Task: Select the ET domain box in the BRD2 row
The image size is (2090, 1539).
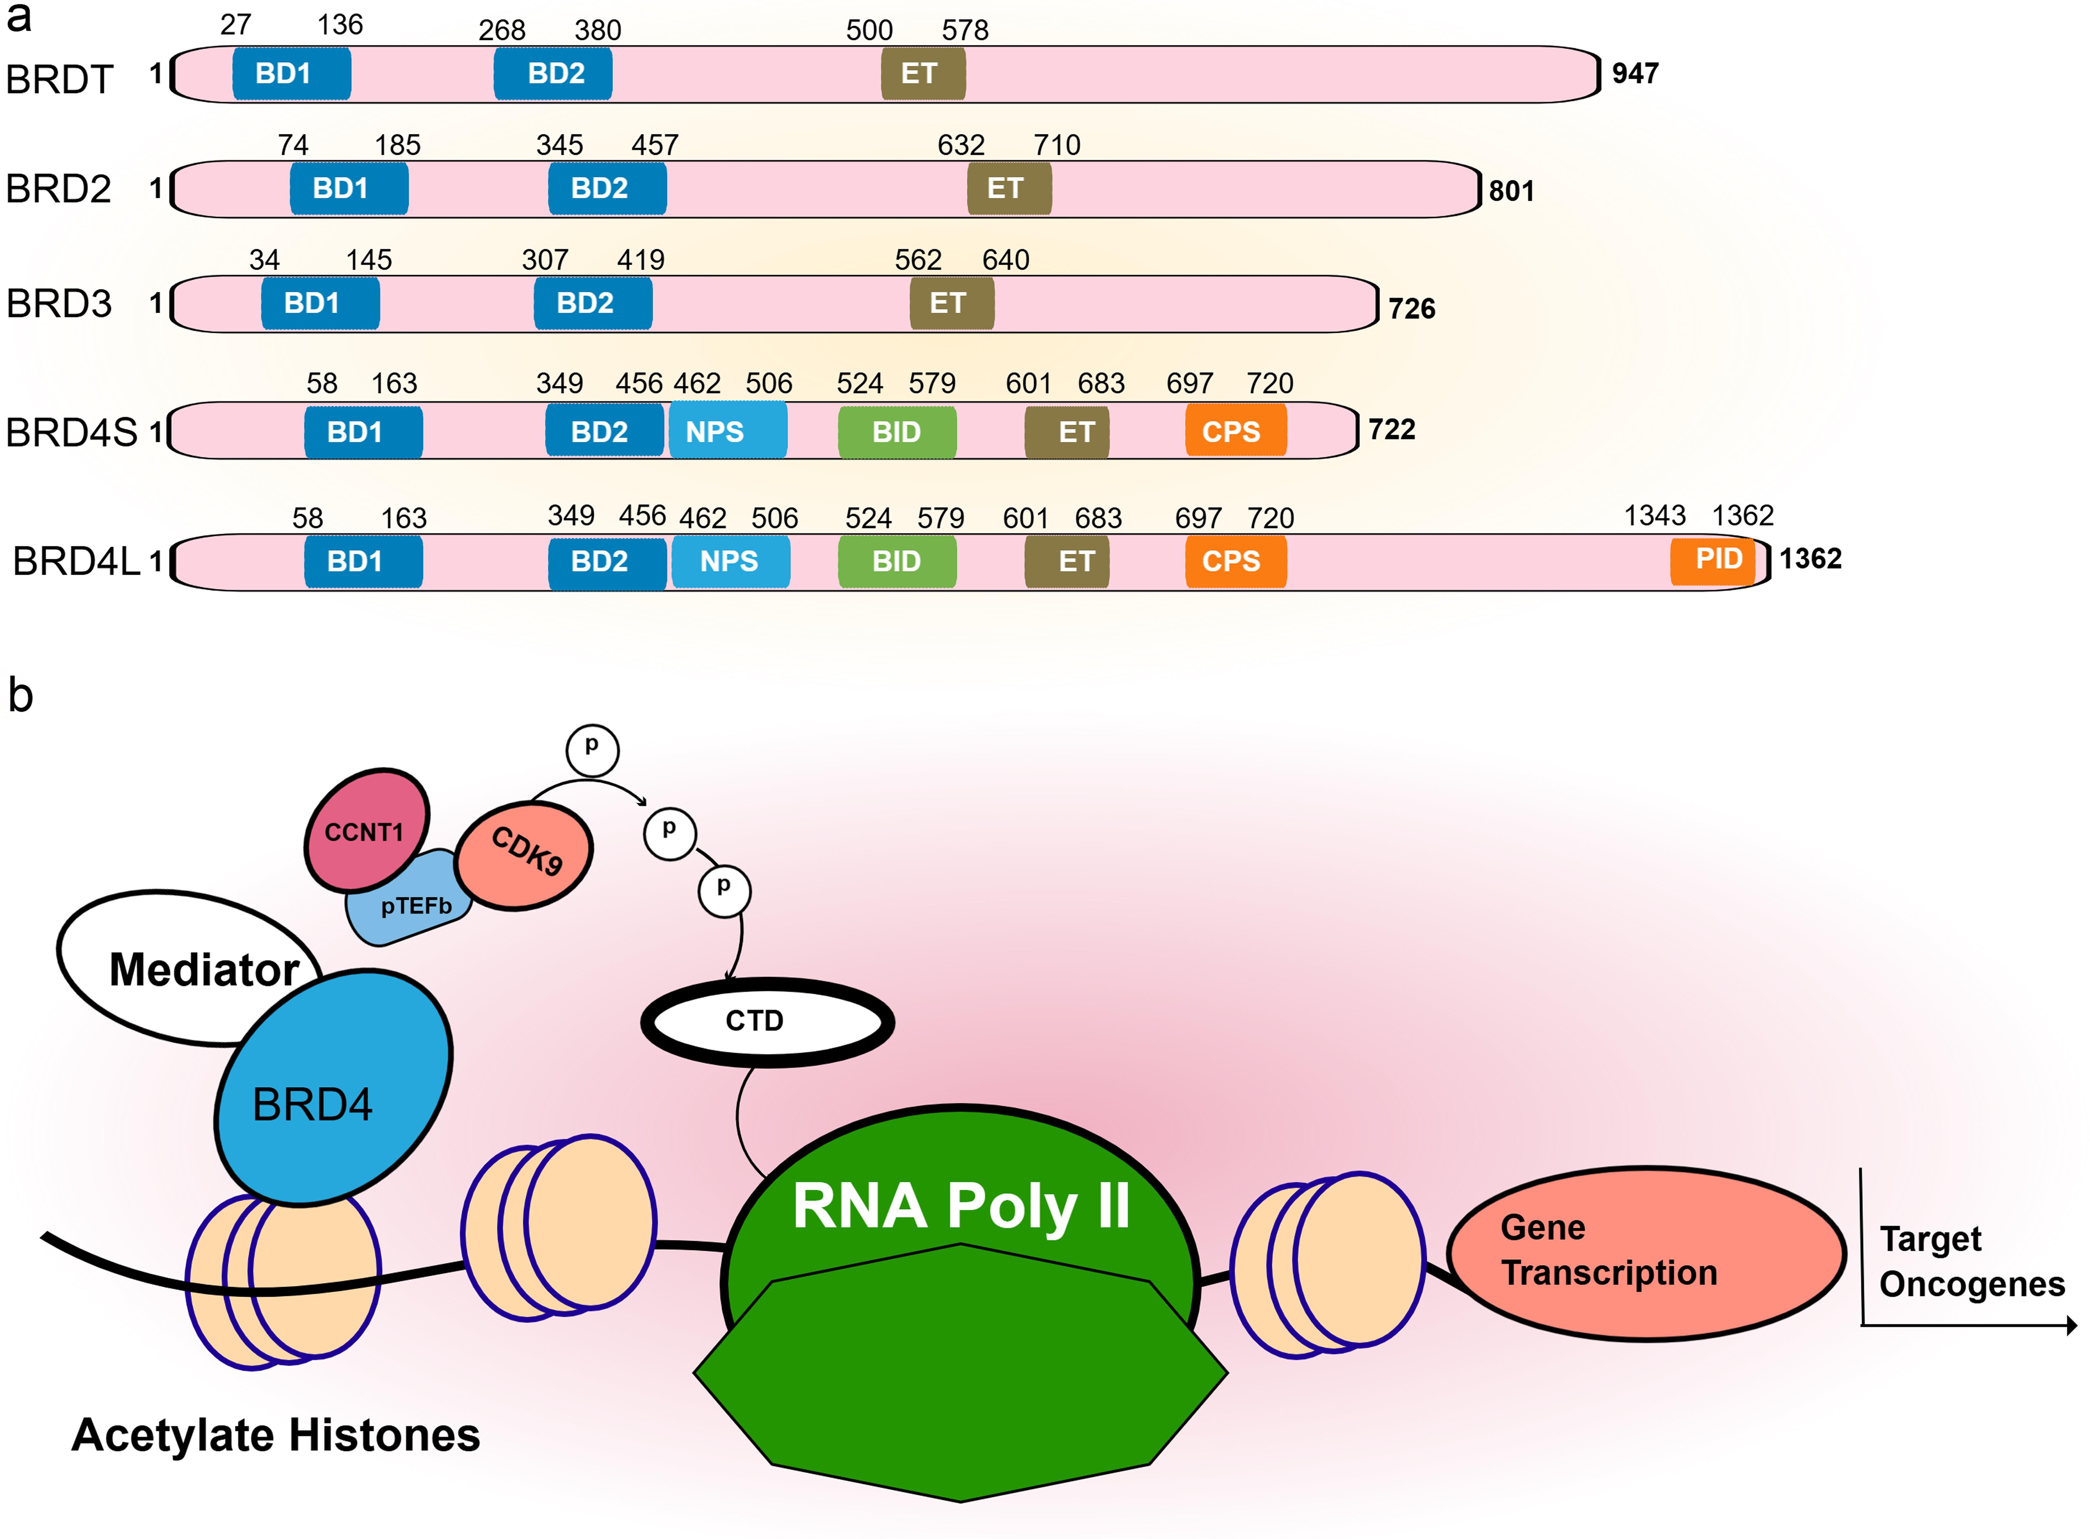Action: [1009, 188]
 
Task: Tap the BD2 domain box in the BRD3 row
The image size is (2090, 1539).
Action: [593, 303]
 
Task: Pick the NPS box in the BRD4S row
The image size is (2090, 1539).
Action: [728, 431]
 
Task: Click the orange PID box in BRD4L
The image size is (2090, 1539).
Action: [1712, 559]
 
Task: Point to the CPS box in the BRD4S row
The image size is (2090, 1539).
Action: [1235, 431]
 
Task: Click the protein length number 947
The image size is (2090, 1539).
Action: [1635, 74]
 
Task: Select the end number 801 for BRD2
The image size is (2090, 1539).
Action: [1511, 191]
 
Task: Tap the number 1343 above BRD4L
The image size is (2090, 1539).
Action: [1654, 515]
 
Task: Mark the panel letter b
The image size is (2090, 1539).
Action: [21, 695]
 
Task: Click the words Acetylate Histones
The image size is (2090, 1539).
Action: [276, 1435]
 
